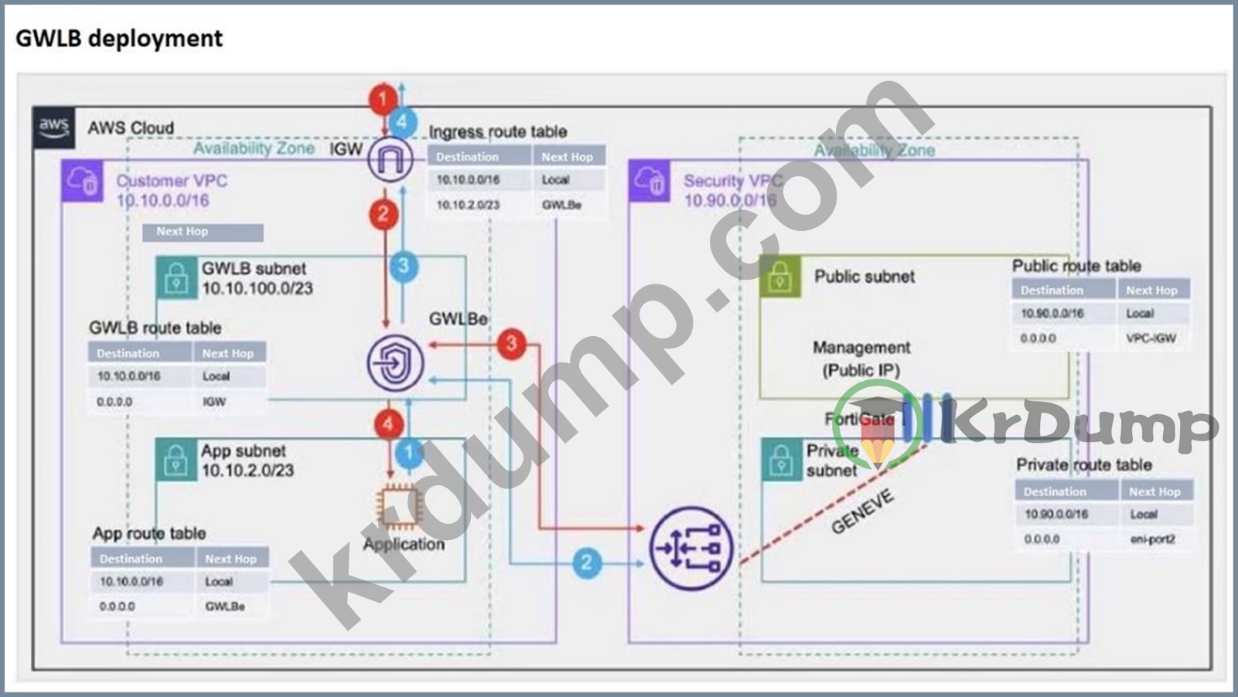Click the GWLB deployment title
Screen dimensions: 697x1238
(119, 39)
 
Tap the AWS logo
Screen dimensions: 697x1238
(54, 127)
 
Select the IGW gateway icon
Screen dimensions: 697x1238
(389, 159)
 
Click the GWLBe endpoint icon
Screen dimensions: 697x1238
(395, 362)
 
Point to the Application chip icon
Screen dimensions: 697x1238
(398, 507)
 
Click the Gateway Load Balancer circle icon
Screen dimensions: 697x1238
(690, 549)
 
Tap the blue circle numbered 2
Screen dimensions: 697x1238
(587, 562)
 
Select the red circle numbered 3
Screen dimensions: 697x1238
(511, 342)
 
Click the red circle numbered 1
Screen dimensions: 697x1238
(382, 99)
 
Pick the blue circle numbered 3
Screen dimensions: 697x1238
(403, 267)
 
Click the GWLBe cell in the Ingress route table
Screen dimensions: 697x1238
(561, 205)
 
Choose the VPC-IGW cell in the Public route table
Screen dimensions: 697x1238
(1151, 338)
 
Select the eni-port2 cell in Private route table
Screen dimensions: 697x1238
(1152, 539)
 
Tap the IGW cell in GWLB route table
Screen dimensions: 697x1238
(214, 402)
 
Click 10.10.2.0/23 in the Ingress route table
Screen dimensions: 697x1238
(468, 205)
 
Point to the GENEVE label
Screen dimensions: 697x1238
(862, 512)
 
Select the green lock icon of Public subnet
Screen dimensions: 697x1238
(779, 277)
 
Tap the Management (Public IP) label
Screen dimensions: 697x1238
(861, 359)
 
